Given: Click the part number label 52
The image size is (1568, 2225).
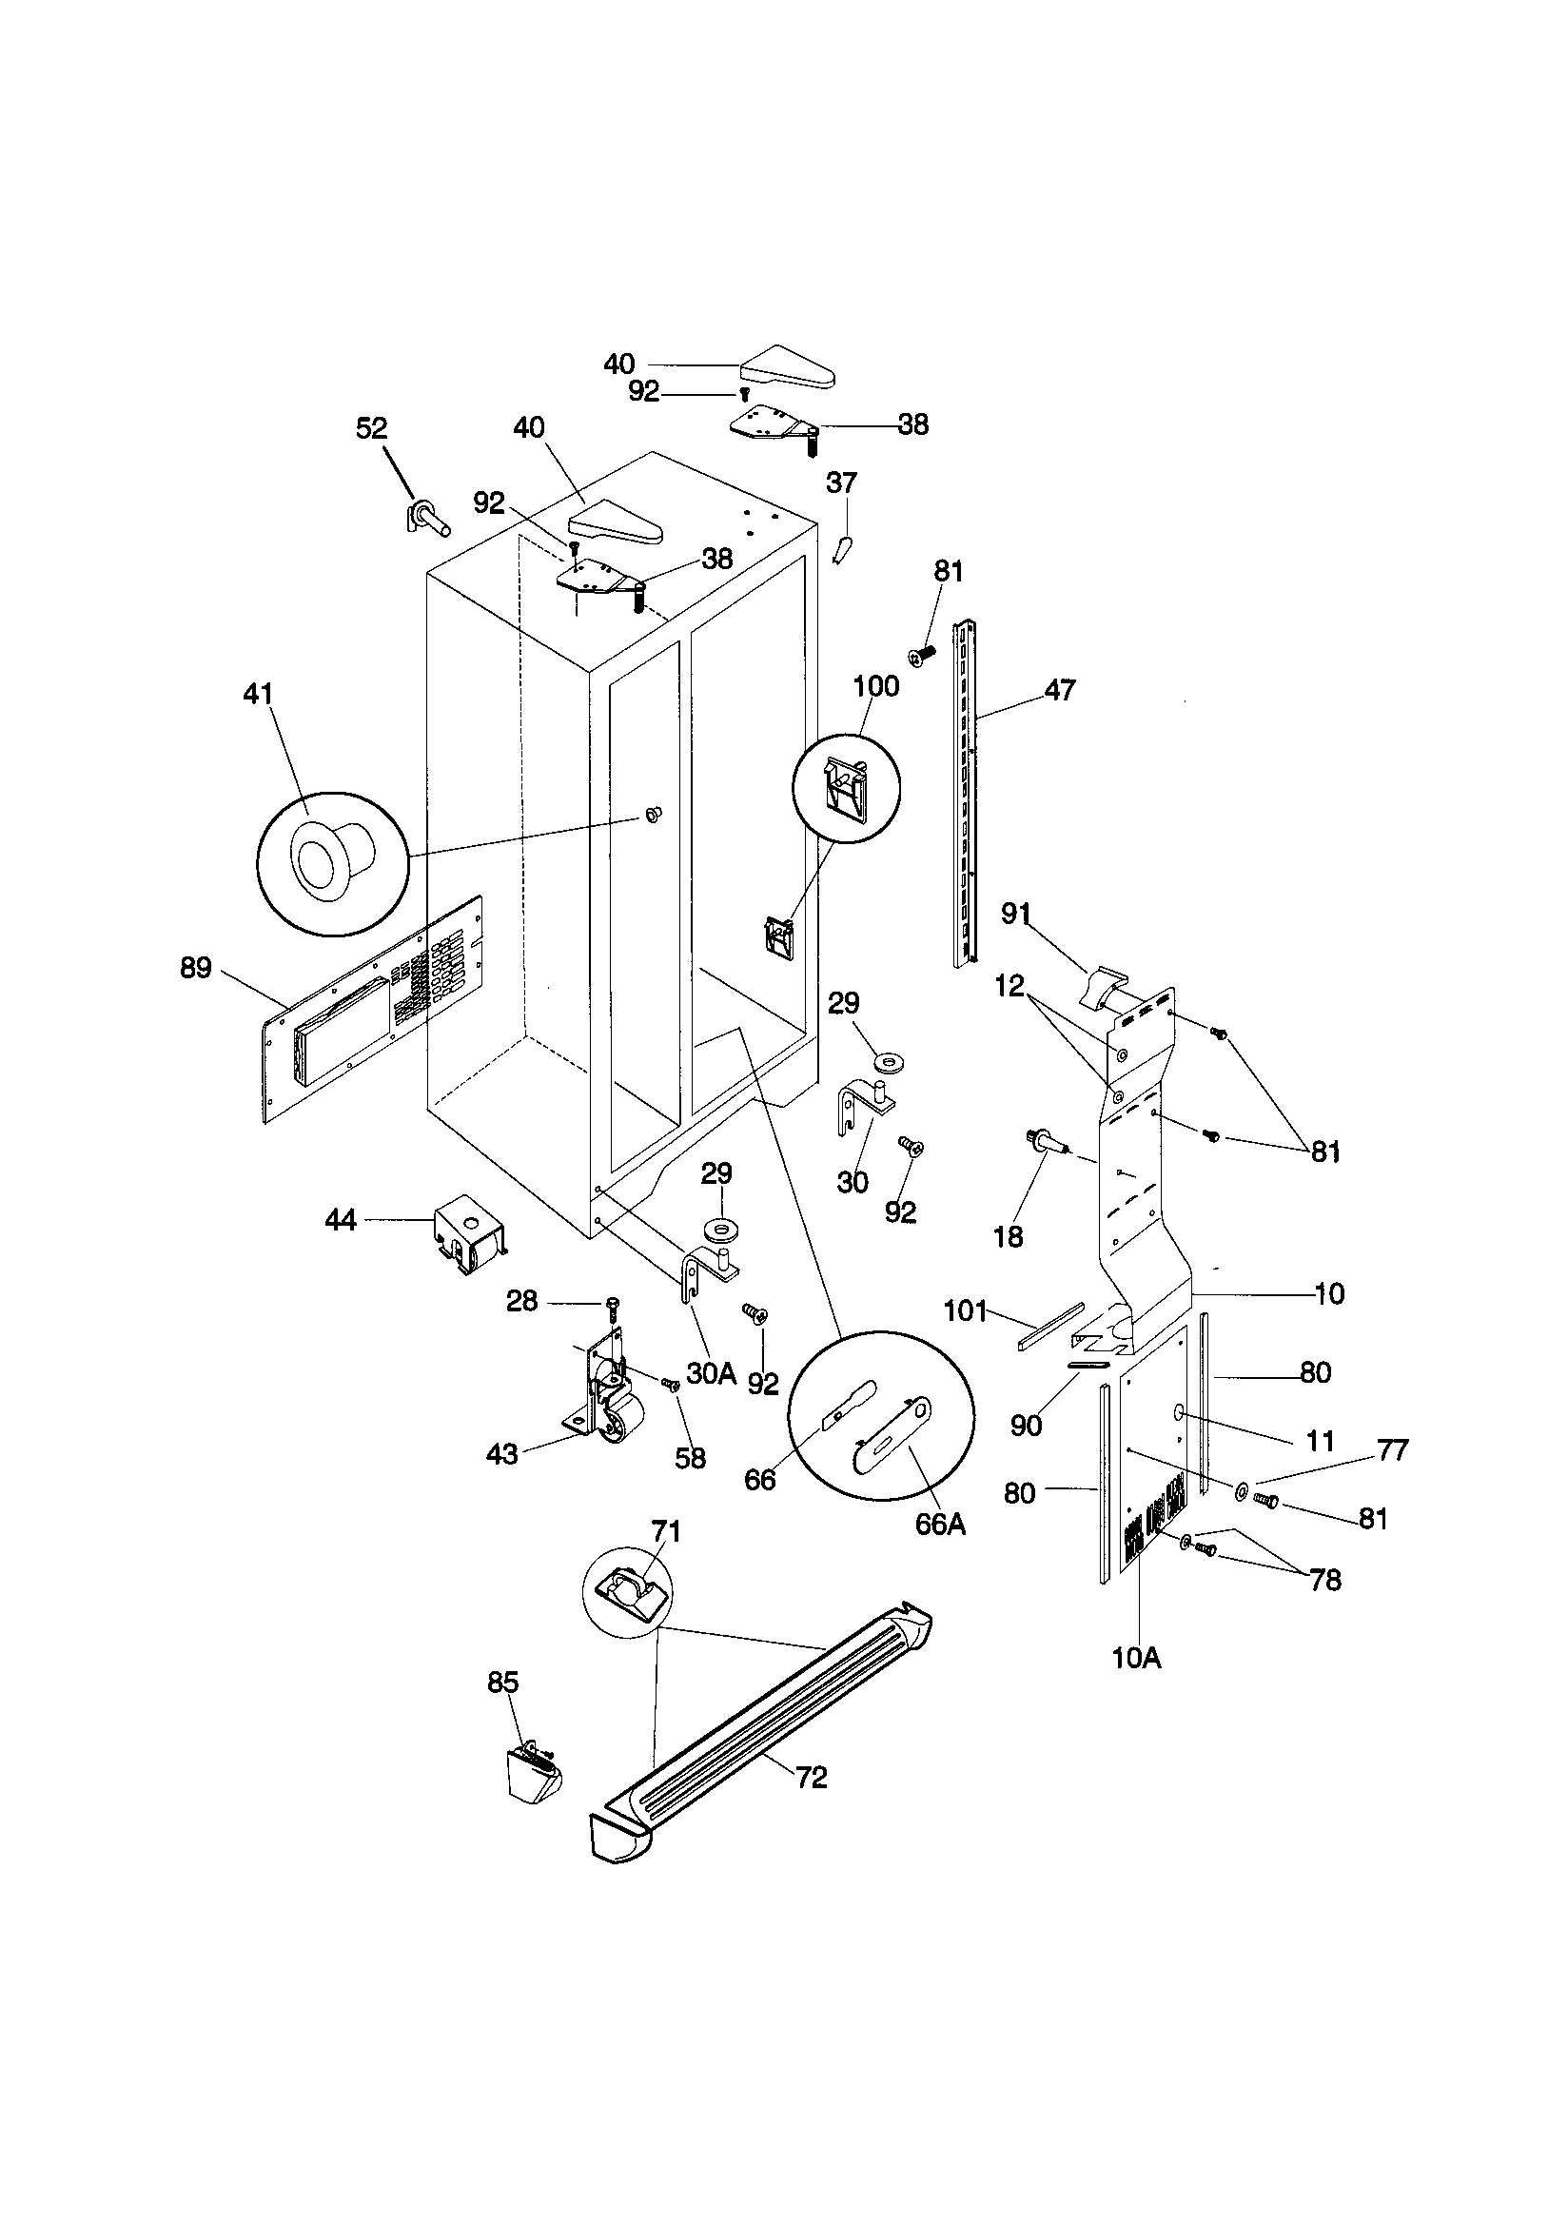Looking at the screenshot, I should click(371, 428).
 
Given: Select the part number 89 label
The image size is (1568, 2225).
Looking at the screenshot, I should click(196, 967).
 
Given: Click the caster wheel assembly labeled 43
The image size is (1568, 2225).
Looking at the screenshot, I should click(603, 1408).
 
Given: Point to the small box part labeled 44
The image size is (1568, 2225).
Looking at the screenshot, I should click(469, 1231).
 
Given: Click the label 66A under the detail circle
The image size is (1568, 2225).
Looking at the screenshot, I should click(940, 1524).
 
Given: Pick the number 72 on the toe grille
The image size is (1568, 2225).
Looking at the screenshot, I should click(812, 1778).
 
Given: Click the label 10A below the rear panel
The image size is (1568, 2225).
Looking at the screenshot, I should click(1136, 1657).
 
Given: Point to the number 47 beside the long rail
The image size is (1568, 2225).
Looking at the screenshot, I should click(1059, 690).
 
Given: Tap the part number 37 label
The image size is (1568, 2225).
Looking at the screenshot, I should click(841, 482).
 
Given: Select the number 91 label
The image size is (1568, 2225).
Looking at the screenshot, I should click(1015, 913).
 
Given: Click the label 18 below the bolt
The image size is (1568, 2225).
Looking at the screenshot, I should click(1008, 1236).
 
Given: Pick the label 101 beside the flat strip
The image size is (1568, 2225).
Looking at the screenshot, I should click(965, 1311).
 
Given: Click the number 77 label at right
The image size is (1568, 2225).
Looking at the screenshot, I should click(1392, 1449).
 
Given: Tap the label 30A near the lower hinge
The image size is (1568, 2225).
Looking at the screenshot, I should click(712, 1372).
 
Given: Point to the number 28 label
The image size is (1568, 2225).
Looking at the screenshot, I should click(522, 1302).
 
